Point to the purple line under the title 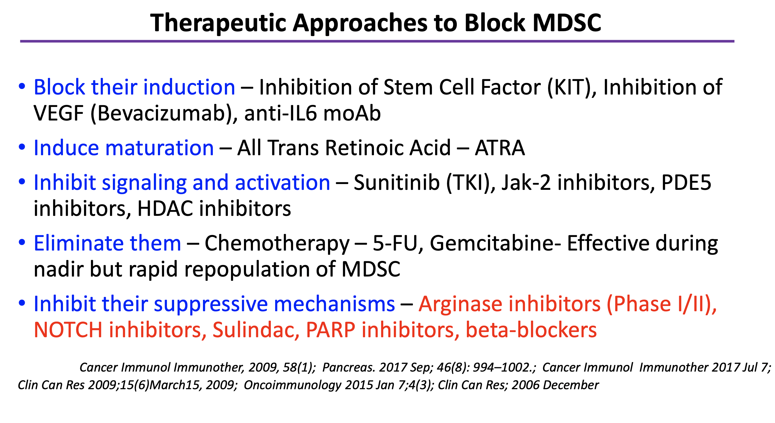pos(377,41)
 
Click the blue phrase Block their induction pos(135,87)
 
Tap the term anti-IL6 pos(281,114)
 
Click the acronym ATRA pos(500,148)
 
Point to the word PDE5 pos(686,183)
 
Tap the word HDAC pos(165,209)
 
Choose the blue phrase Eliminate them pos(107,243)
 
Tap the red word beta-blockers pos(531,330)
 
